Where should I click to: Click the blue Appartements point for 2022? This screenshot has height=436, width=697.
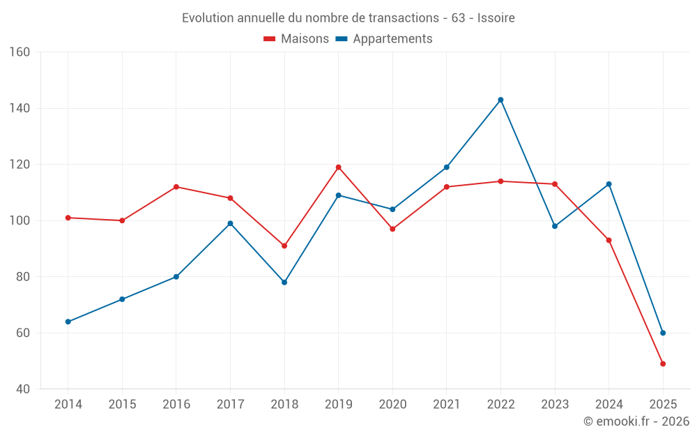500,100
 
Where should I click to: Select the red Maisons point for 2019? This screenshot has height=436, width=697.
339,167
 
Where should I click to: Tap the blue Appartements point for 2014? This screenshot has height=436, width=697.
68,322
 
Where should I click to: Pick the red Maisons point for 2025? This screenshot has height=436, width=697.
663,363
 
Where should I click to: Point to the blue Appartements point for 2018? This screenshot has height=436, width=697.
284,283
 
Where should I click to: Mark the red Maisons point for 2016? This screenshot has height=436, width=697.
176,187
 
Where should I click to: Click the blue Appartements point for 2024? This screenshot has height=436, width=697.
608,184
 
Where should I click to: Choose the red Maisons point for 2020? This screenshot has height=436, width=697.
392,229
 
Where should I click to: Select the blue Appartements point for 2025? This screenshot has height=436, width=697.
663,333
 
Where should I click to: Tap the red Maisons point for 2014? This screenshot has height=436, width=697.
68,218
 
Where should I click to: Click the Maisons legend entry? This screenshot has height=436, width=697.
296,39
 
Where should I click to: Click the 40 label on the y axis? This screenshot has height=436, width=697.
23,389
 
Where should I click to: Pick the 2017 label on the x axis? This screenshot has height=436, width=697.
230,405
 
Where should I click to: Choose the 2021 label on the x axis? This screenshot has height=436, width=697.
447,405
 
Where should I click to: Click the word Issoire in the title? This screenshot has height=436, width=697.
496,18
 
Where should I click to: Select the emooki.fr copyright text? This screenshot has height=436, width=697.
636,421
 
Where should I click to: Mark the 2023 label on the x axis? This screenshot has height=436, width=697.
555,405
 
